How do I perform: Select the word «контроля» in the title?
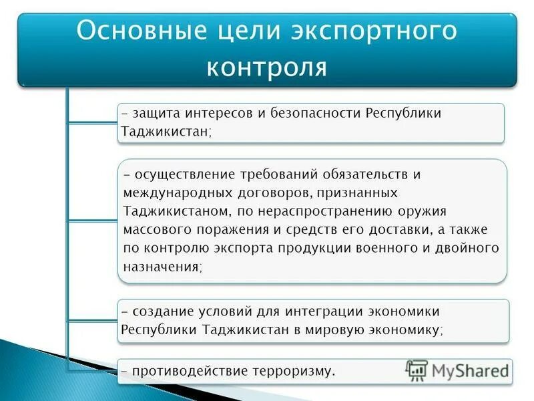[x=267, y=67]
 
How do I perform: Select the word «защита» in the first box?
[x=156, y=113]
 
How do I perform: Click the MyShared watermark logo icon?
[x=417, y=370]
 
